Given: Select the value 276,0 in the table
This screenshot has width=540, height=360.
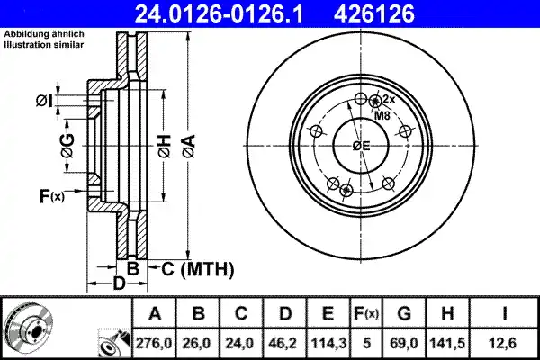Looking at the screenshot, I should point(155,342).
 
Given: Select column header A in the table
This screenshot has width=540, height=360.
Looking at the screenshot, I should point(155,313).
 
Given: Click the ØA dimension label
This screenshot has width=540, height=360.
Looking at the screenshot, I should point(188,143).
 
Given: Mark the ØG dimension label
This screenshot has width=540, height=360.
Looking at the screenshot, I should point(67,143).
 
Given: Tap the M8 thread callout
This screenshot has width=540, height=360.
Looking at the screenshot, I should point(382,115).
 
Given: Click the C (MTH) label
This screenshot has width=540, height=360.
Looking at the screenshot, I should point(197,268).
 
